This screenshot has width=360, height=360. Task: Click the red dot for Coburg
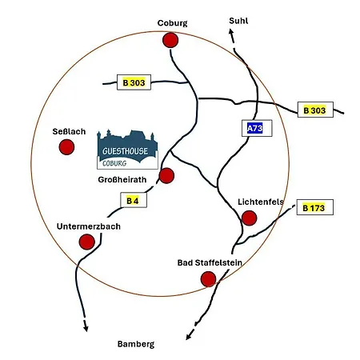pos(170,40)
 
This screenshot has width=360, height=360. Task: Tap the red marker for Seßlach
pos(66,147)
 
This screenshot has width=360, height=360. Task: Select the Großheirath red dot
pos(166,176)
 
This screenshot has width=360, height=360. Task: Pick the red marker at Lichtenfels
pos(249,218)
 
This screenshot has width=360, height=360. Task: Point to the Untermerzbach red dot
pos(87,242)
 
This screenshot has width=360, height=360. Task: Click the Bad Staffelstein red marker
pos(208,279)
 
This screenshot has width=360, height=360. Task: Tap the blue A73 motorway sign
pos(257,128)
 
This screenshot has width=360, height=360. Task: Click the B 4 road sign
pos(134,200)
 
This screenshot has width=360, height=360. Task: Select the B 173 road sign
pos(314,207)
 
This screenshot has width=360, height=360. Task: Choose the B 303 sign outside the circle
pos(315,110)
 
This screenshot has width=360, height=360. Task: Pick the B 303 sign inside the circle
pos(134,82)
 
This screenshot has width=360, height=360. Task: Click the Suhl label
pos(238,21)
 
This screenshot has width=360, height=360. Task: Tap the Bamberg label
pos(136,344)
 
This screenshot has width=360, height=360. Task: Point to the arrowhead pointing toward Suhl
pos(231,33)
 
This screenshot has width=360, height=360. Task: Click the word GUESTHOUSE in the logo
pos(125,151)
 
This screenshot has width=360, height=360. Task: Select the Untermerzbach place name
pos(89,226)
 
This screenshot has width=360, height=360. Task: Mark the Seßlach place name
pos(69,131)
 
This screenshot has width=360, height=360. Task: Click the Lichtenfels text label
pos(261,202)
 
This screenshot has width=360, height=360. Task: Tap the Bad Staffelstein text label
pos(210,262)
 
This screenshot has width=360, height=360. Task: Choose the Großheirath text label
pos(122,179)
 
